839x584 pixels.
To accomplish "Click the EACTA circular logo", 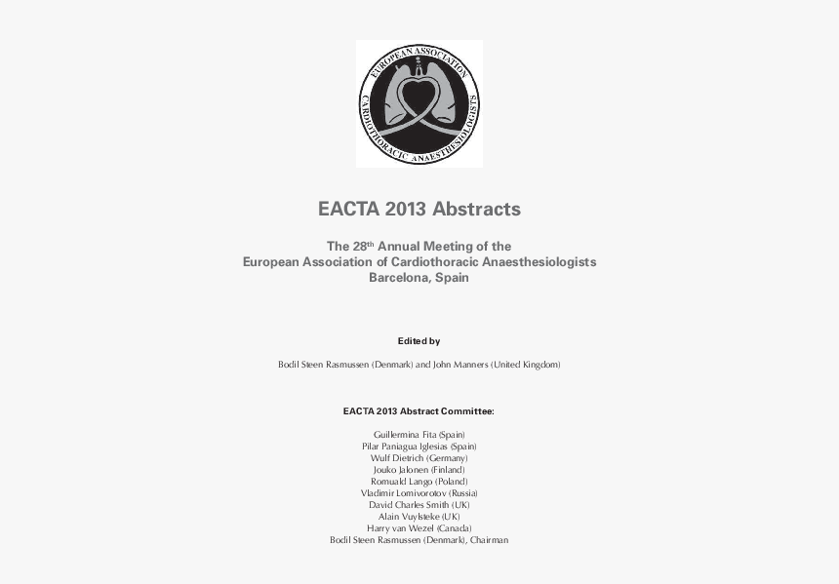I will click(419, 103).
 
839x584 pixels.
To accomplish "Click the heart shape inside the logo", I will click(419, 97).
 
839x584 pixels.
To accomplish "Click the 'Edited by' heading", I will click(419, 341).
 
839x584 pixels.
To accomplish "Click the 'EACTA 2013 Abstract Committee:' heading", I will click(419, 411).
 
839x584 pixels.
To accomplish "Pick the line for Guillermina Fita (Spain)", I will click(419, 434).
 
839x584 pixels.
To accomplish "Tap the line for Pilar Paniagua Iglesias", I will click(419, 446).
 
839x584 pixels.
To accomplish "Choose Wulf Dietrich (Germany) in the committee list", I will click(419, 457).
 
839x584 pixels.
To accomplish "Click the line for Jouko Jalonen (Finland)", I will click(419, 469).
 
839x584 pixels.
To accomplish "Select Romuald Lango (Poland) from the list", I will click(419, 482).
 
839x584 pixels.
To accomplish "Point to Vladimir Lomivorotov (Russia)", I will click(419, 493).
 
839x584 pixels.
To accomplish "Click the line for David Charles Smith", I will click(419, 505).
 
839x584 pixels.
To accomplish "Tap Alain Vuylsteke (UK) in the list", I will click(419, 517).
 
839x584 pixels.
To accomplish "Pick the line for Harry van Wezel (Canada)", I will click(419, 528).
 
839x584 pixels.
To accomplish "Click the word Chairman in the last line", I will click(489, 540).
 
